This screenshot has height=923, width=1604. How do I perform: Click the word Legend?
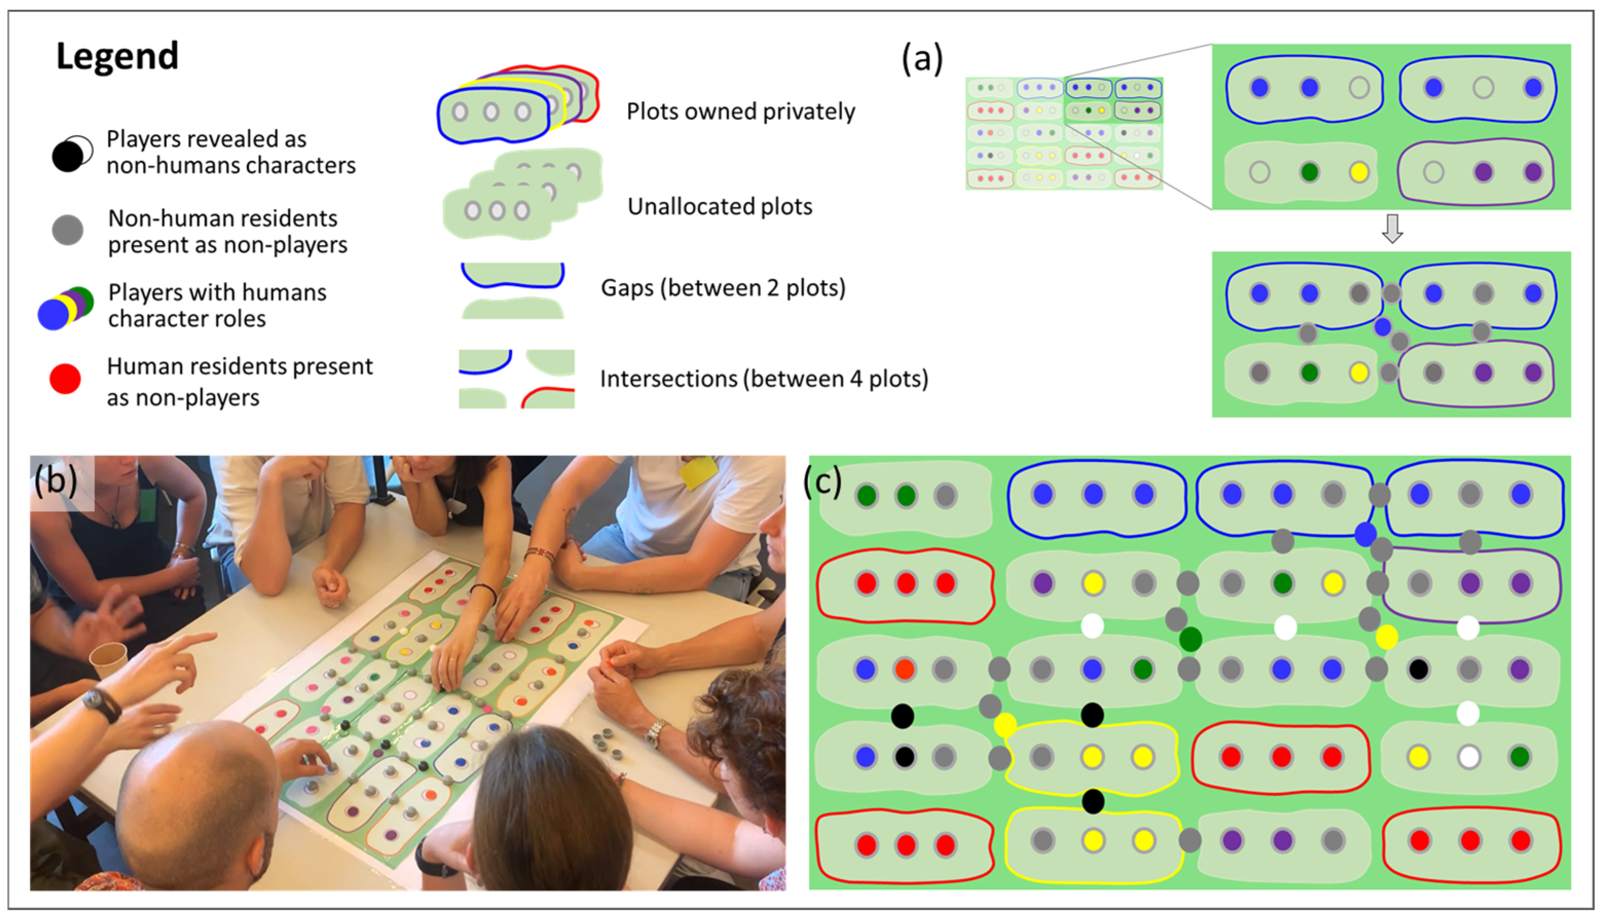coord(117,56)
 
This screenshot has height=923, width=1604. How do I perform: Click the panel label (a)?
coord(922,59)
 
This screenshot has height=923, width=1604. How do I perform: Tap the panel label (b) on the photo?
coord(56,481)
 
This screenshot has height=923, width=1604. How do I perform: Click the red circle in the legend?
coord(65,379)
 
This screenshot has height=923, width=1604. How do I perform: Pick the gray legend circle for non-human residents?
coord(67,230)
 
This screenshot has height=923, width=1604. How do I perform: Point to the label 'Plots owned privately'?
coord(740,111)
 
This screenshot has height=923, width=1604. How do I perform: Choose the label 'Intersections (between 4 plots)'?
coord(764,379)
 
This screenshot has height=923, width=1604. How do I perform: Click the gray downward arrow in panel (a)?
coord(1392,230)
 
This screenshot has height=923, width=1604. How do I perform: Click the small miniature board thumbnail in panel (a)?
coord(1064,133)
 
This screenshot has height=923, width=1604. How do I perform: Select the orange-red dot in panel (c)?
coord(905,669)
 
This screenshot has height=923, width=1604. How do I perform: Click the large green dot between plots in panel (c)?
coord(1190,639)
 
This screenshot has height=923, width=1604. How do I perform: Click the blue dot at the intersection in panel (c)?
coord(1365,534)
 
